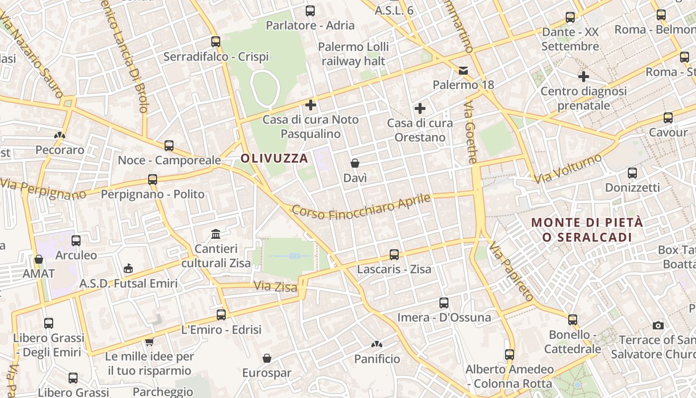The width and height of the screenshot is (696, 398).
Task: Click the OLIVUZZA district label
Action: [x=274, y=159]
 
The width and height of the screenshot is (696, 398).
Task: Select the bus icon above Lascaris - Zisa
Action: [x=394, y=255]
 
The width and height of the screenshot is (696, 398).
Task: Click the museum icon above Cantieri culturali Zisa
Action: [x=216, y=234]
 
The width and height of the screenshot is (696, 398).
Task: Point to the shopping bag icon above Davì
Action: [x=355, y=163]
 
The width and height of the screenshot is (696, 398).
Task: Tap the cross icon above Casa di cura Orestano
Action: [x=420, y=108]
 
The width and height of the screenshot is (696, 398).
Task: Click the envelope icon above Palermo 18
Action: [x=463, y=70]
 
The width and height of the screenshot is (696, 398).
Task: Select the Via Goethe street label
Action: [x=471, y=132]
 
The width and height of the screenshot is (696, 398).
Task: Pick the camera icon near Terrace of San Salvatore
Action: [x=658, y=326]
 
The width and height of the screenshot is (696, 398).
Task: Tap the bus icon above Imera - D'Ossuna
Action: [x=444, y=302]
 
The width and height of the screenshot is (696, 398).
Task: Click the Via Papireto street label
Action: [x=511, y=272]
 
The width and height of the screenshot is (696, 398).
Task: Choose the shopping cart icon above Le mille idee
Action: [x=149, y=342]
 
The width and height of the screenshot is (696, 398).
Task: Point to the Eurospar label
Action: [x=267, y=373]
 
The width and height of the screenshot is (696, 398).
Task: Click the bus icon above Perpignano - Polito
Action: [x=153, y=180]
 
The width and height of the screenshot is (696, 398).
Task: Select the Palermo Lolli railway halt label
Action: [x=353, y=54]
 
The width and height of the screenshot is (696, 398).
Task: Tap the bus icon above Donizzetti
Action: [x=632, y=173]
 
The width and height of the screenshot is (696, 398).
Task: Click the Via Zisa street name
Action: [x=275, y=287]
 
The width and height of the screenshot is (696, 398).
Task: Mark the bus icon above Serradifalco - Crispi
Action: [x=216, y=42]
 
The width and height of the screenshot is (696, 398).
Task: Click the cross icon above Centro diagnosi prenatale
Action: [x=584, y=77]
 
